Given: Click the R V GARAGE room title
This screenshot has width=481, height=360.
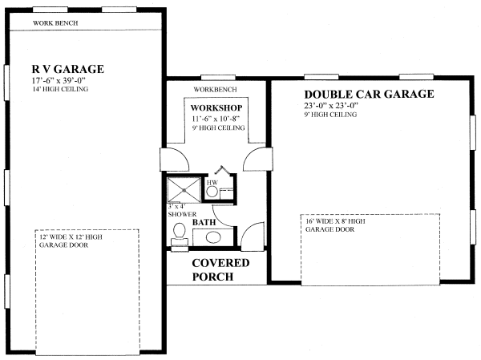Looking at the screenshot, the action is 68,69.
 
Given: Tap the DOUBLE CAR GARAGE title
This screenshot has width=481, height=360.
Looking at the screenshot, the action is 369,94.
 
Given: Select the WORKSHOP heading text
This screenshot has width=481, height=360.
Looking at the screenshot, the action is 216,107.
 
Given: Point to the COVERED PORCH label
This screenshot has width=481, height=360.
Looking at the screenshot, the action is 220,269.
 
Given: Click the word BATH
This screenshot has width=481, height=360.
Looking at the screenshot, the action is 204,222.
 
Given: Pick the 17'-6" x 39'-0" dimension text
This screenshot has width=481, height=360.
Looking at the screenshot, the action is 59,81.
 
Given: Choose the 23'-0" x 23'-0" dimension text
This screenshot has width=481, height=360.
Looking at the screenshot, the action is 331,106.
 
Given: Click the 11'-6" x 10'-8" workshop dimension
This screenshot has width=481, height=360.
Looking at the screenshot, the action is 216,119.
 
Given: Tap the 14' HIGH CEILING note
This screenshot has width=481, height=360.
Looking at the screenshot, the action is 60,89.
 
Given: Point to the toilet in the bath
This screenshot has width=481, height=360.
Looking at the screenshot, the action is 180,234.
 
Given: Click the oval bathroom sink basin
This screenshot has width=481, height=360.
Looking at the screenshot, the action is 213,237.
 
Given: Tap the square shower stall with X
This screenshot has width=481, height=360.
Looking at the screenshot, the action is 184,190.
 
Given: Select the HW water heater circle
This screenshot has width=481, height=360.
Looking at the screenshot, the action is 212,192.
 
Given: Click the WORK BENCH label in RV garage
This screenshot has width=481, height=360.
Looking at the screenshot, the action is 55,23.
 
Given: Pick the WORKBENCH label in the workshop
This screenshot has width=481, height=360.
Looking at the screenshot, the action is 215,90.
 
